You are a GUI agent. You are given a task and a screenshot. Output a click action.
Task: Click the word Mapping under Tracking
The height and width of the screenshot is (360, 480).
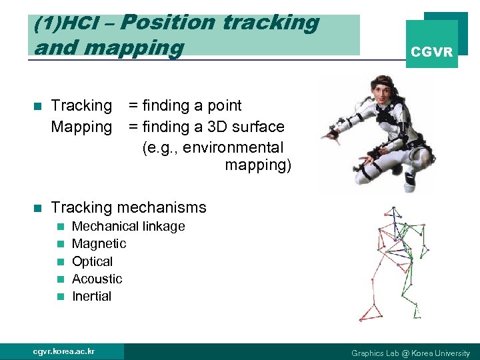tap(81, 127)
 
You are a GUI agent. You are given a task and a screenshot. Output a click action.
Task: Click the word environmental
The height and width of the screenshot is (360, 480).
tap(233, 147)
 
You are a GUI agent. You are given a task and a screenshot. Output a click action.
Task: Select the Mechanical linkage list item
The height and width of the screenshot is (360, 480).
tap(128, 227)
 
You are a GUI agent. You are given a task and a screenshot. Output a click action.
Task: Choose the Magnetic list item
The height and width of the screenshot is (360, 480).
tap(99, 244)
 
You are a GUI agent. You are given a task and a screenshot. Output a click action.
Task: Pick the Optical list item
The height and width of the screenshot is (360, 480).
tap(92, 261)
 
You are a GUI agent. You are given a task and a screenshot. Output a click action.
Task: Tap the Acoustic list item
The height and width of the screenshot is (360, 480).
tap(97, 279)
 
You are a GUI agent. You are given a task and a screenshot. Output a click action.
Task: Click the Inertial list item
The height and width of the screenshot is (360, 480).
tap(91, 296)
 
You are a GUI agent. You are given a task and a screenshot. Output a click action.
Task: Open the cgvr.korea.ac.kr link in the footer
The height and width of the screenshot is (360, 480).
tap(64, 351)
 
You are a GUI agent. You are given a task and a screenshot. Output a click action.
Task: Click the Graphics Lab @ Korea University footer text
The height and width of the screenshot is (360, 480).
tap(410, 353)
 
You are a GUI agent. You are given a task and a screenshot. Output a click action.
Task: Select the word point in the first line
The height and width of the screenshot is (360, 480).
tap(223, 105)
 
